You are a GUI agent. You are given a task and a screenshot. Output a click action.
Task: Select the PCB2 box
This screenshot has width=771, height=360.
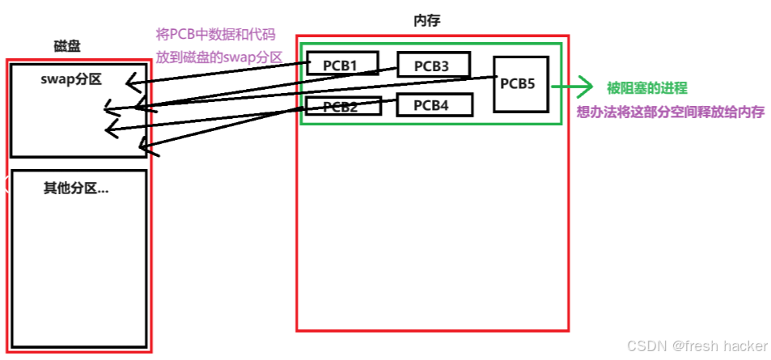(x=333, y=106)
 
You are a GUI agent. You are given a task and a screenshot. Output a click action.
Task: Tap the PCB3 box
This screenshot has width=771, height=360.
(x=431, y=65)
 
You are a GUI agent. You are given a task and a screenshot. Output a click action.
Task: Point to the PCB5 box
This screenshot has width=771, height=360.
(x=520, y=83)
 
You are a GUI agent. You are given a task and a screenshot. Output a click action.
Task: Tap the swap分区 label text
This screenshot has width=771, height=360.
(x=71, y=78)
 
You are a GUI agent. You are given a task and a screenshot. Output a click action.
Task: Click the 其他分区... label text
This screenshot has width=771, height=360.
(x=75, y=188)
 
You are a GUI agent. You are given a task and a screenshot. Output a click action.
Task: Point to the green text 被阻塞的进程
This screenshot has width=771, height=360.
(x=647, y=88)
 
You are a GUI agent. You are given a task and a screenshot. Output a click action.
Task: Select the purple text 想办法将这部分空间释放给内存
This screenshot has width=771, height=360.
(x=671, y=112)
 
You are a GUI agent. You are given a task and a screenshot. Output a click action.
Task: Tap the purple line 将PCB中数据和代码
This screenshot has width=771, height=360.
(x=215, y=35)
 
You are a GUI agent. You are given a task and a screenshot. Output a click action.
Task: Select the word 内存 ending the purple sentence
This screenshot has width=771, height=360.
(x=752, y=112)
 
